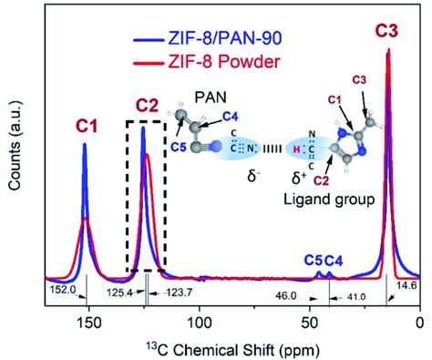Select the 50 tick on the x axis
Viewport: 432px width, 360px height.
[310, 323]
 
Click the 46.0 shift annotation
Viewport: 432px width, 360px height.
[288, 295]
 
